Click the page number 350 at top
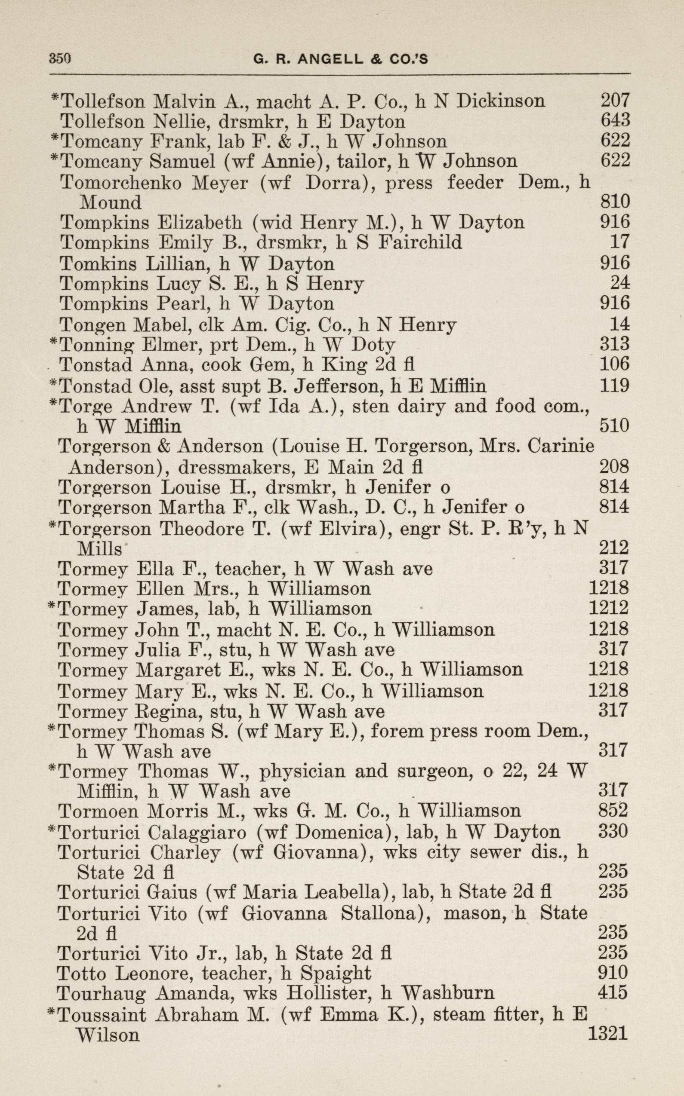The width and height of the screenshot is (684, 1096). (60, 59)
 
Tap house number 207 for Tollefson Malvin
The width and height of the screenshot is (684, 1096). (615, 100)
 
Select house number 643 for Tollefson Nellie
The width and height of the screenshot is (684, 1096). (615, 120)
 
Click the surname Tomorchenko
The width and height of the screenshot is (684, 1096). (121, 182)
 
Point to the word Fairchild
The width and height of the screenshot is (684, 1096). (420, 242)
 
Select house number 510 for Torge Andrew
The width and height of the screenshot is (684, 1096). (614, 426)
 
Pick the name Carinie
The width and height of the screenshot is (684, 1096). (561, 447)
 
